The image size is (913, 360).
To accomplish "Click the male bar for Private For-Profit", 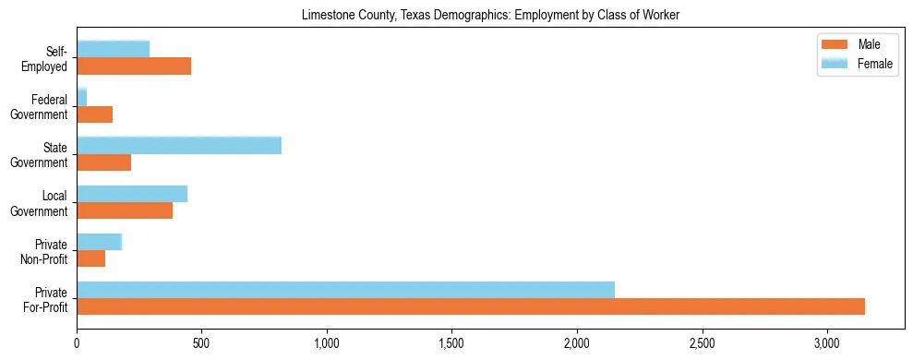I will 471,306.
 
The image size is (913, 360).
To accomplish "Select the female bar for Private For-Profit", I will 345,290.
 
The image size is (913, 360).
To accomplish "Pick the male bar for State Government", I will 104,162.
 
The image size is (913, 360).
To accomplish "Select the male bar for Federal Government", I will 95,114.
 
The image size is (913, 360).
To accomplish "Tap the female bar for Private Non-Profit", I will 100,242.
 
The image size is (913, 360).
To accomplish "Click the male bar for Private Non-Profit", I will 91,258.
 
